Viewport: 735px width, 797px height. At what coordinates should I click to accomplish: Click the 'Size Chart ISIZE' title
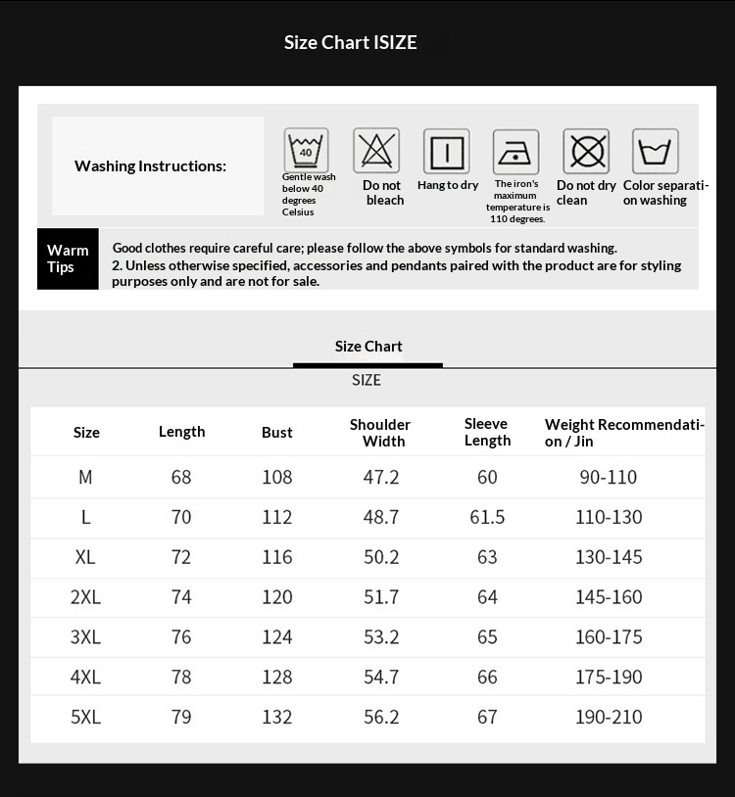pos(350,42)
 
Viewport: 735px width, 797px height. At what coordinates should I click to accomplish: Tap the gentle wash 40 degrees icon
pos(306,151)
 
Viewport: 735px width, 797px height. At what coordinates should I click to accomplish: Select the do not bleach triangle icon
pos(376,151)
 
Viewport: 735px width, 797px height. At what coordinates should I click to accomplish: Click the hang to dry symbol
pos(446,152)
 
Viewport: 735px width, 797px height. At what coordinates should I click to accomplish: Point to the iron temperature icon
pos(515,152)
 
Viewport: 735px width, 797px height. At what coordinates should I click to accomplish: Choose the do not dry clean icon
pos(585,152)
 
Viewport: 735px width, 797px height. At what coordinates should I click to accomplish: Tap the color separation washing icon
pos(655,152)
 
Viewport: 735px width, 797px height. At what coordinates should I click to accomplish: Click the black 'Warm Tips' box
pos(68,259)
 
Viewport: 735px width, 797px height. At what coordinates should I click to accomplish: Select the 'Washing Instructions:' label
pos(150,166)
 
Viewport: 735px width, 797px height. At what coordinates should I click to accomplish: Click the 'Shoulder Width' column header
pos(380,433)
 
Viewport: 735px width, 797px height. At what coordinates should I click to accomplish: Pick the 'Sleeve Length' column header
pos(487,433)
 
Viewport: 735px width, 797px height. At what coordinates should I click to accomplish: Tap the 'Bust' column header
pos(277,433)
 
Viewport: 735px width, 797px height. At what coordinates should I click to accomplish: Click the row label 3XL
pos(86,637)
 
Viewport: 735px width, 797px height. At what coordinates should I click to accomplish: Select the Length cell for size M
pos(181,478)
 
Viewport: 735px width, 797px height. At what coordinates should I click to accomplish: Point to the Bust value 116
pos(277,557)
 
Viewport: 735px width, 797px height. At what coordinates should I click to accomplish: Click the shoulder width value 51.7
pos(381,597)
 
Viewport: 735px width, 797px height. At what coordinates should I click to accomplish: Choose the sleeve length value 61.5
pos(487,517)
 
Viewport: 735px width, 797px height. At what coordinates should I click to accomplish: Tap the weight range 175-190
pos(609,678)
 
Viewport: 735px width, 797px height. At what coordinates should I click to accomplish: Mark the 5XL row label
pos(86,718)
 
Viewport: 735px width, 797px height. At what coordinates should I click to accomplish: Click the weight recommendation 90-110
pos(609,478)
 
